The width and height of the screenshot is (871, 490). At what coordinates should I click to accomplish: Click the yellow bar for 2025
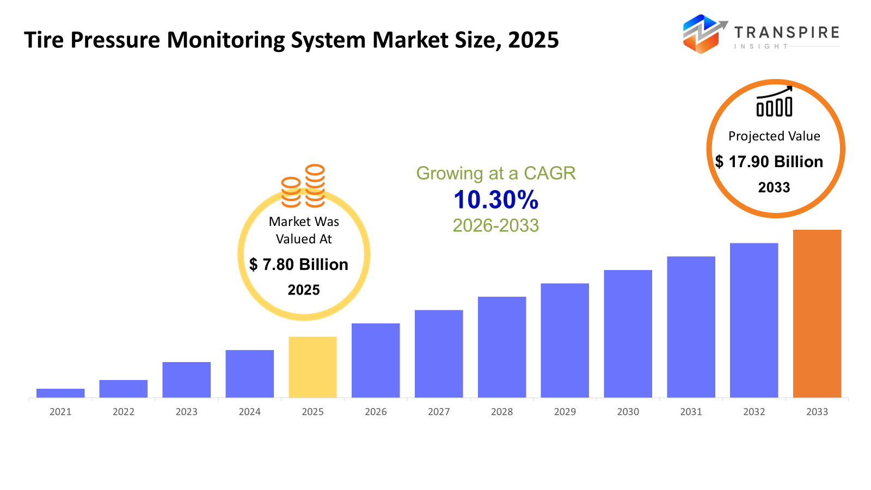tap(312, 367)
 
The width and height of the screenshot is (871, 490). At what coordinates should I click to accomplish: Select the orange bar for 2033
tap(817, 314)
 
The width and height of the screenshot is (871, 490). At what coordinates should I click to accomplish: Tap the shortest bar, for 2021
tap(60, 393)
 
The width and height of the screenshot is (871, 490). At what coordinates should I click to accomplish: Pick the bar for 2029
tap(565, 340)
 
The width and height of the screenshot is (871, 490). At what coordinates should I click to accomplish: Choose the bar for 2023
tap(186, 379)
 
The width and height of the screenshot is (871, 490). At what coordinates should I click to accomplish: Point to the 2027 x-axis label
tap(439, 412)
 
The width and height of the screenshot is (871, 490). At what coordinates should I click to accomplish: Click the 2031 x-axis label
tap(691, 412)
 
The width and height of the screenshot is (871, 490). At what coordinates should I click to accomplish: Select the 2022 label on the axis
tap(124, 412)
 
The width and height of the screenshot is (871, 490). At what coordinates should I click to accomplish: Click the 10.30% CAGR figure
tap(496, 200)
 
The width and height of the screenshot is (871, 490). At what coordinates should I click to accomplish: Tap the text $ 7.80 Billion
tap(299, 265)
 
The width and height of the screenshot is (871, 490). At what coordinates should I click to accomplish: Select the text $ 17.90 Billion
tap(769, 162)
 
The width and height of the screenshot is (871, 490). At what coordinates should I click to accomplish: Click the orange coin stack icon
tap(303, 186)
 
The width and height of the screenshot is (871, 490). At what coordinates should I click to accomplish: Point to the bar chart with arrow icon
tap(774, 102)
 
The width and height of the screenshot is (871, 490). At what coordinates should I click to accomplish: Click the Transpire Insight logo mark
tap(704, 34)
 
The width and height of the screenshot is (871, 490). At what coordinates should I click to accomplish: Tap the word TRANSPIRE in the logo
tap(787, 33)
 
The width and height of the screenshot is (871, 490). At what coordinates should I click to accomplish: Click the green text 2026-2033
tap(495, 225)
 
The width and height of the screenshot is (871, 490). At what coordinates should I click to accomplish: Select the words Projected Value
tap(774, 136)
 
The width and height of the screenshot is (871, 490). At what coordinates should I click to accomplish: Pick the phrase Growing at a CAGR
tap(495, 173)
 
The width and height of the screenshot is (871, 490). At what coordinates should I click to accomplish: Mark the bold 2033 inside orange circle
tap(774, 188)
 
